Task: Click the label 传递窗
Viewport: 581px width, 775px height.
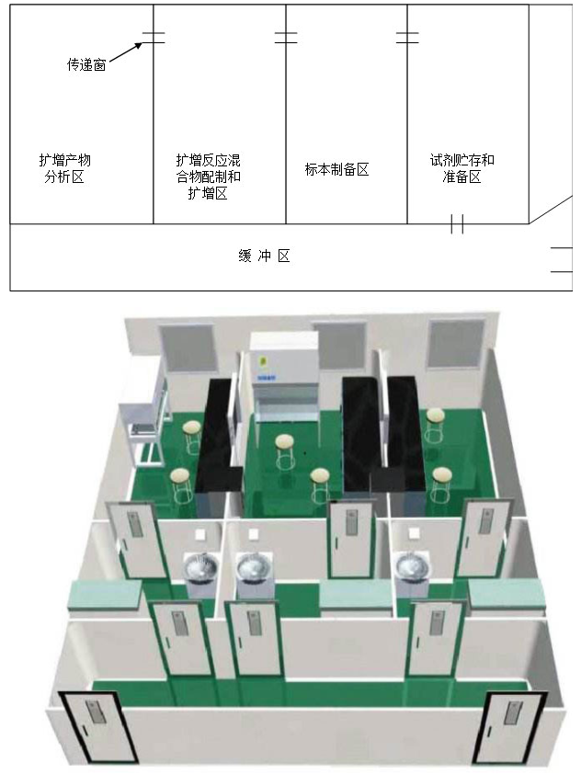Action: click(x=86, y=65)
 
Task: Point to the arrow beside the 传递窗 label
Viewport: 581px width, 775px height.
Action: click(x=130, y=51)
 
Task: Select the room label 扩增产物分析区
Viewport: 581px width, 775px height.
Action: click(x=64, y=169)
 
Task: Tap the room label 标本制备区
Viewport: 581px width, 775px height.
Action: click(x=336, y=169)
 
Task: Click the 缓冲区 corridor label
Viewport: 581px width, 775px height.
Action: click(x=264, y=256)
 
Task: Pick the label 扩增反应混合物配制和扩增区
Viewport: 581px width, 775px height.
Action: click(x=209, y=176)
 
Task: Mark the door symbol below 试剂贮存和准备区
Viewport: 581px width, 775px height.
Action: click(x=456, y=223)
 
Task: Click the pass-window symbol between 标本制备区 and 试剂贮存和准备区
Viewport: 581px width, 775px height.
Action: click(x=407, y=38)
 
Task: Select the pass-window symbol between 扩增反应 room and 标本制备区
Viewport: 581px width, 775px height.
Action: click(x=286, y=38)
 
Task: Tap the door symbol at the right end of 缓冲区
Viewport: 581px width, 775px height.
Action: click(x=561, y=260)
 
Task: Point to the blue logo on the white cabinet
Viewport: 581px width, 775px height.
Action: click(x=266, y=375)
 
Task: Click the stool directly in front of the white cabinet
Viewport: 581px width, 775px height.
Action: click(x=283, y=448)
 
